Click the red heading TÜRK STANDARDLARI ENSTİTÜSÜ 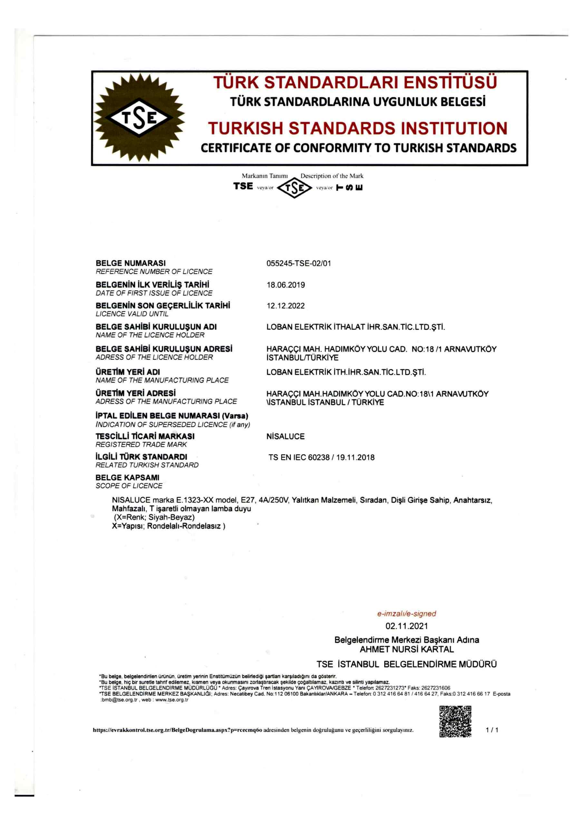(x=355, y=82)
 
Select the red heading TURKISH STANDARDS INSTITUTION (x=358, y=128)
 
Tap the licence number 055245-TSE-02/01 (x=299, y=263)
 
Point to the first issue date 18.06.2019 (x=286, y=285)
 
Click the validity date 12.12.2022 (x=286, y=306)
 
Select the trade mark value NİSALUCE (x=286, y=437)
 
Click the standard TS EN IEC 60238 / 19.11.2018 (x=321, y=457)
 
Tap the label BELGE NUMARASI (x=131, y=263)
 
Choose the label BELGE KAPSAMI (x=127, y=478)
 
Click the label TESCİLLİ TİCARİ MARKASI (x=145, y=436)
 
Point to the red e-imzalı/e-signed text (x=406, y=614)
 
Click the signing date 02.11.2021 (x=406, y=626)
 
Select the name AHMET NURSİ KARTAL (x=406, y=649)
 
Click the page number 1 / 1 (x=492, y=730)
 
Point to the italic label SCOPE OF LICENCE (x=129, y=486)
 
